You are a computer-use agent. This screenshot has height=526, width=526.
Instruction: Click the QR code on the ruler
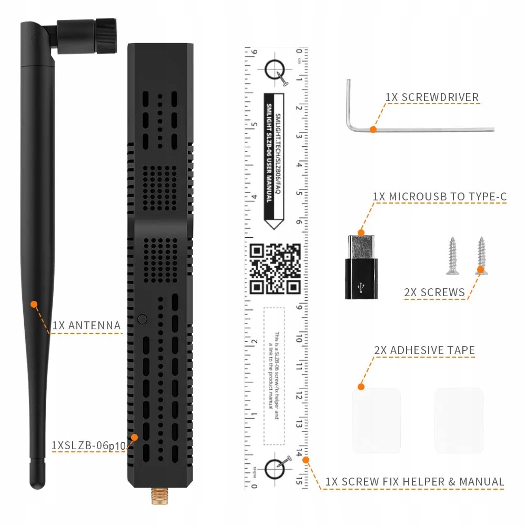275,269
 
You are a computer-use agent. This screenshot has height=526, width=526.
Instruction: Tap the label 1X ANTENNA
87,326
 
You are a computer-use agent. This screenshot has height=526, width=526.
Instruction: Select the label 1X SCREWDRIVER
432,97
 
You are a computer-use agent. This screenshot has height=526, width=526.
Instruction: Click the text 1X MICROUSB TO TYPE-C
440,197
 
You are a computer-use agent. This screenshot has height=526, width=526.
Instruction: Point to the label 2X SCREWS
434,293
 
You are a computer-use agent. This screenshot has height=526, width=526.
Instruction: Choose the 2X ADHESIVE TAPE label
424,350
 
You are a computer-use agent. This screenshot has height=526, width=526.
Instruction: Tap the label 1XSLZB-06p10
88,446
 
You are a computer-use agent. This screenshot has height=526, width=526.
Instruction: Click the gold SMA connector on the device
156,496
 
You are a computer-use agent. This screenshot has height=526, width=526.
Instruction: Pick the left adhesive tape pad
376,420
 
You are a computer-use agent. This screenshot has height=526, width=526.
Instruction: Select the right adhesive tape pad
459,420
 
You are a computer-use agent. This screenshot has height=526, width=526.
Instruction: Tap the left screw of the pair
452,256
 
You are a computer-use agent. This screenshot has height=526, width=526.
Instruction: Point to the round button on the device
141,319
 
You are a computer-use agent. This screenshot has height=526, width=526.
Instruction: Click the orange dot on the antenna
34,304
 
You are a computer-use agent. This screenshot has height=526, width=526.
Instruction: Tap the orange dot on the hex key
373,129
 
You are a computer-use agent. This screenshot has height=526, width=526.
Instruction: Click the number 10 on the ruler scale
299,340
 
